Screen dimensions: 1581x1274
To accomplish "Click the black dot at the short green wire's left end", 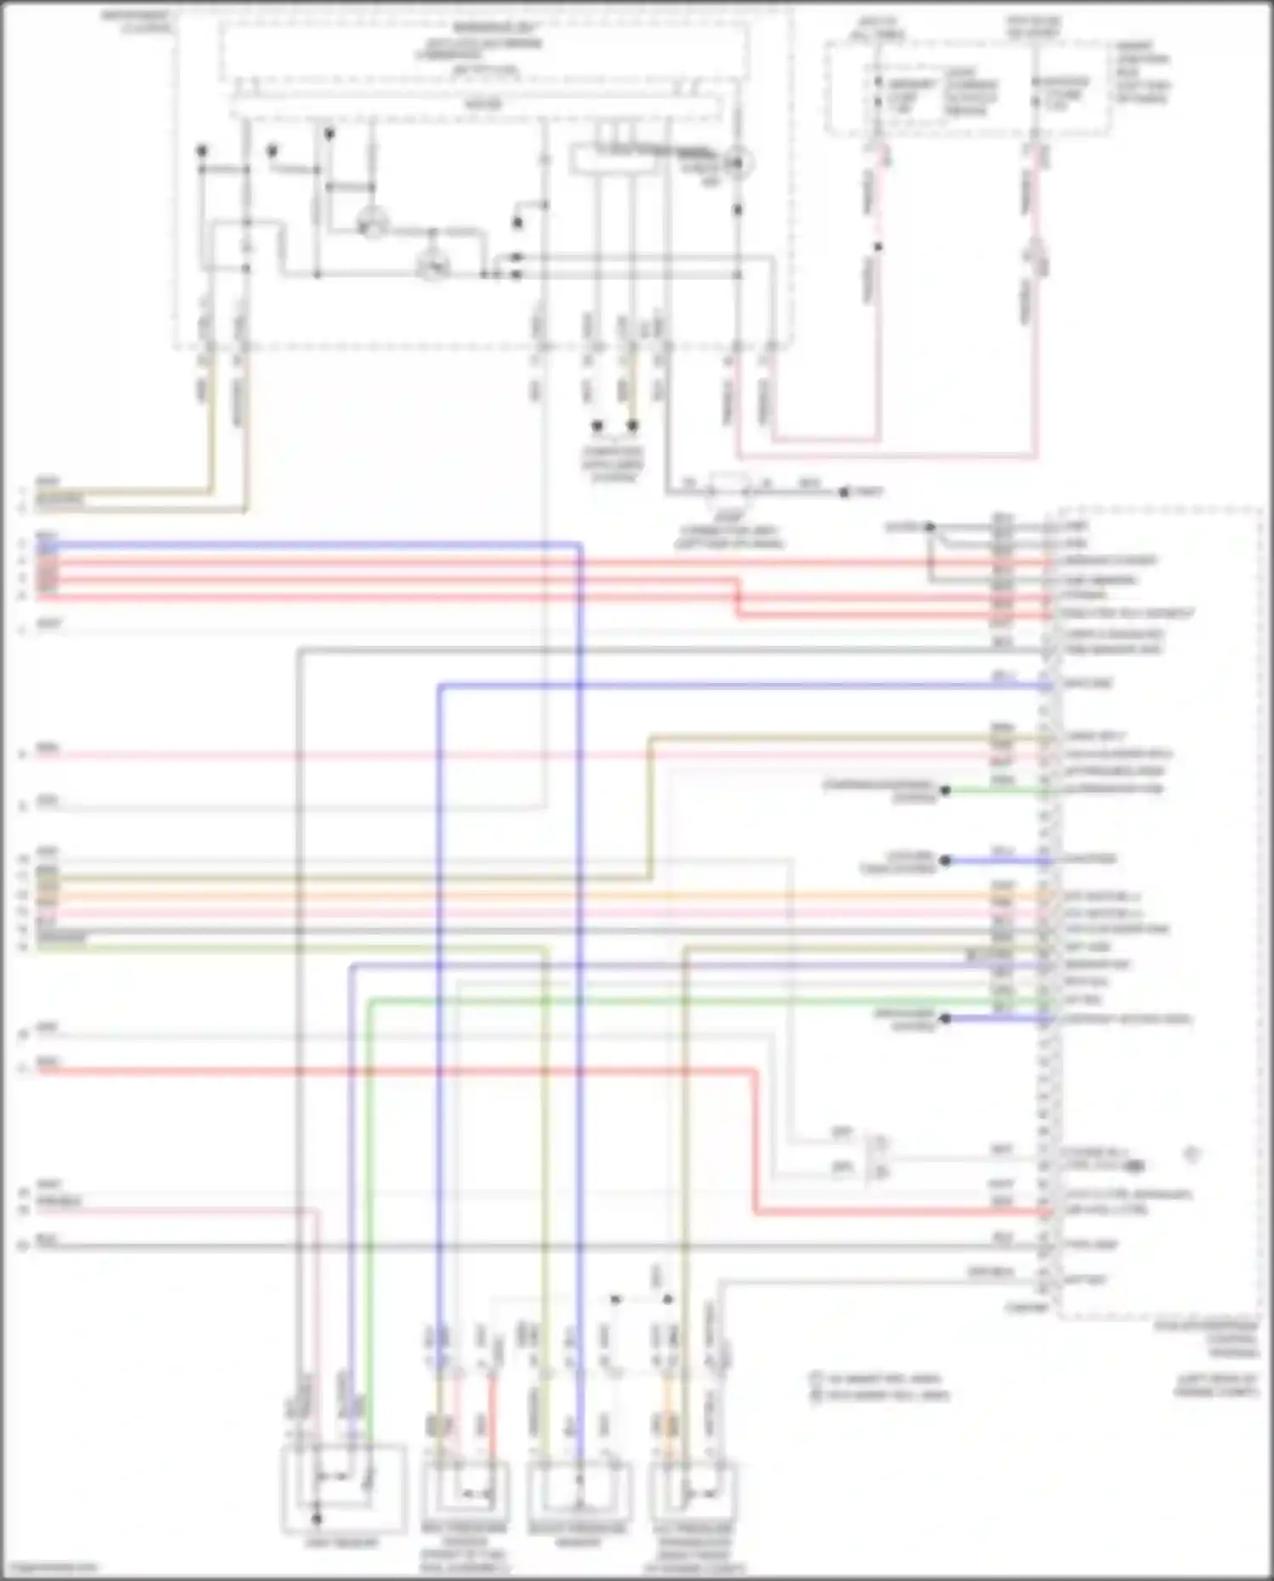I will coord(944,791).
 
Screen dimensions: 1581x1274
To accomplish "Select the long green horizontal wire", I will coord(679,1002).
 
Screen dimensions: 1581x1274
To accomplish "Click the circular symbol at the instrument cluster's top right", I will coord(737,162).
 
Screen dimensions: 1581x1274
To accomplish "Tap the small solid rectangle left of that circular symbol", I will coord(614,161).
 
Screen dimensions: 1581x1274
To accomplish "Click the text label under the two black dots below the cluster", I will coord(613,464).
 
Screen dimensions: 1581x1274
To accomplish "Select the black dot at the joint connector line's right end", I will coord(844,492).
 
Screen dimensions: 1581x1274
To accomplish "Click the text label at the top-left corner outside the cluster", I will coord(137,21).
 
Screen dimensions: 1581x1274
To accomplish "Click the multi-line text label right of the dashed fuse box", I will coord(1142,72).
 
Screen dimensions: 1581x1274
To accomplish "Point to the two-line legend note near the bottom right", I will coord(880,1386).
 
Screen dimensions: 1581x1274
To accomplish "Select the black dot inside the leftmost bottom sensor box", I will coord(316,1517).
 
